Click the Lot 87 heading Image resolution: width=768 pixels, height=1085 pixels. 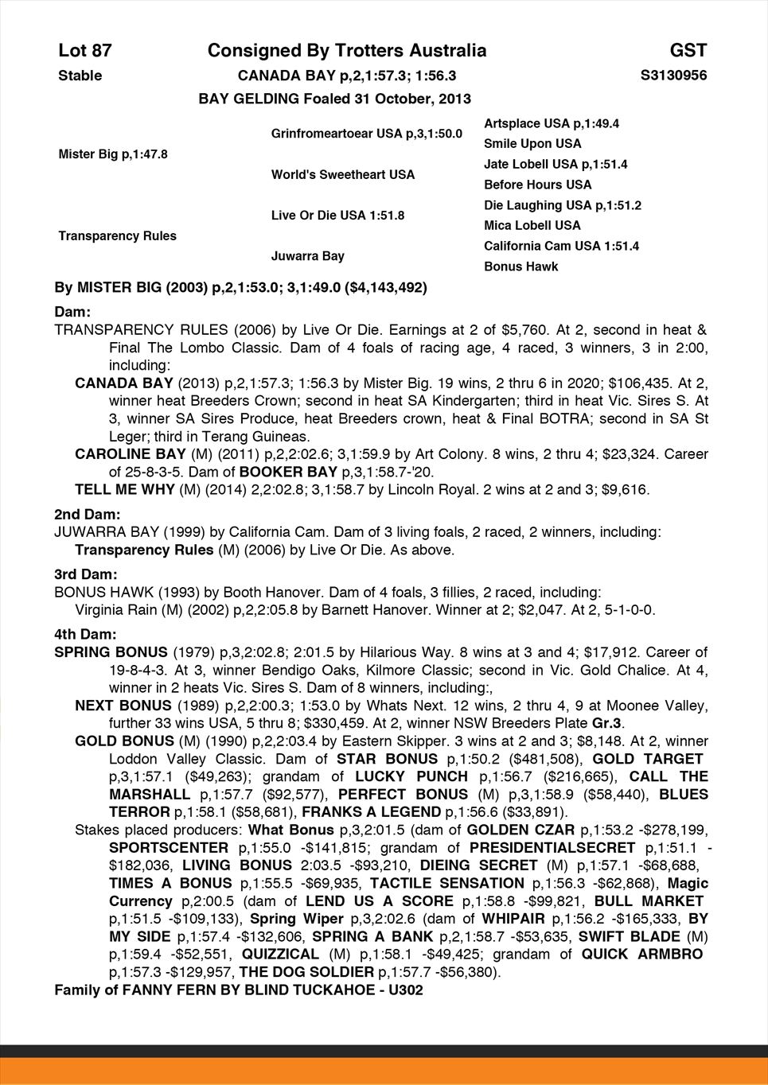[85, 51]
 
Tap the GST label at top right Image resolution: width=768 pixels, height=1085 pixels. [688, 51]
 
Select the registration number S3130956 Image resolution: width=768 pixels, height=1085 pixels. [673, 76]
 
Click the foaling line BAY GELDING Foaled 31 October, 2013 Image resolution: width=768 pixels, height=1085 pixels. [334, 99]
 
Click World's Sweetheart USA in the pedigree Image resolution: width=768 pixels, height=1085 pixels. [343, 174]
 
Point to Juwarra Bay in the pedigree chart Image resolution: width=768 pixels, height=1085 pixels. [308, 256]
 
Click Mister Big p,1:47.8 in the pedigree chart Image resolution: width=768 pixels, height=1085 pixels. [113, 154]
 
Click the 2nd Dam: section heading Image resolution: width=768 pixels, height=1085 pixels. [88, 515]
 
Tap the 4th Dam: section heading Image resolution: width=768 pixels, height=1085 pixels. [86, 634]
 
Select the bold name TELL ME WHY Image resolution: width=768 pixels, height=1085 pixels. [125, 490]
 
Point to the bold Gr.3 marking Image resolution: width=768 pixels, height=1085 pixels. [610, 723]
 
